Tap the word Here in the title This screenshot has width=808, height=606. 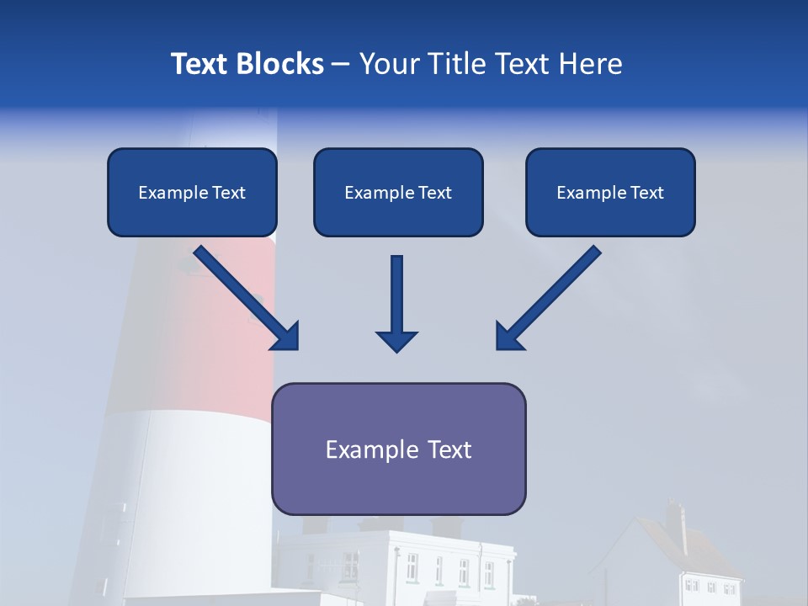[x=589, y=64]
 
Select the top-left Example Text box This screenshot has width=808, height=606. [x=192, y=192]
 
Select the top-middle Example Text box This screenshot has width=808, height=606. [x=398, y=192]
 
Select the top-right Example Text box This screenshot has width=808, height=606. [x=610, y=192]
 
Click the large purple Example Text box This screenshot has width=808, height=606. [x=398, y=449]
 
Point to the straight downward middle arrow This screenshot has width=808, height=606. [x=396, y=295]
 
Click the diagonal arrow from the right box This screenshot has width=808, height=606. [x=555, y=290]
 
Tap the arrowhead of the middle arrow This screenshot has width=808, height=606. [x=396, y=341]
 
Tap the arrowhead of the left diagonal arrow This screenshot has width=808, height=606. [x=286, y=337]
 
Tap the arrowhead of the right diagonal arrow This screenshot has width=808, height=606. [x=508, y=337]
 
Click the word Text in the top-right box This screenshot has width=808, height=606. [x=647, y=193]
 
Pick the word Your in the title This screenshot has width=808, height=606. [x=388, y=64]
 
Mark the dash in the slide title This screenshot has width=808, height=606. [x=341, y=64]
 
